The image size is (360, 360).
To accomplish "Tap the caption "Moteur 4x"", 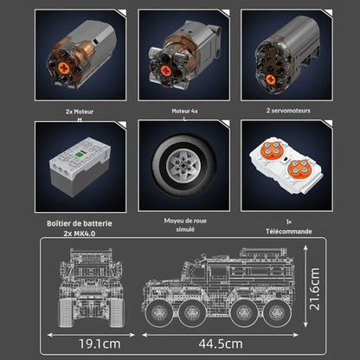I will pos(179,112).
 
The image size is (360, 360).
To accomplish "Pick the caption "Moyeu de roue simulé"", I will pos(180,225).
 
